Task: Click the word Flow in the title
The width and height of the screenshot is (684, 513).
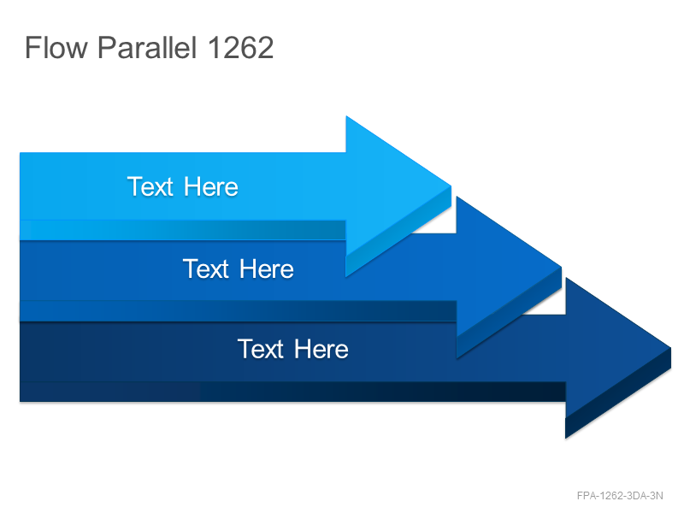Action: click(56, 47)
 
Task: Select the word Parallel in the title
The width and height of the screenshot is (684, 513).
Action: click(147, 47)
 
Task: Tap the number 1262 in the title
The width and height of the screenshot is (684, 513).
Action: click(241, 47)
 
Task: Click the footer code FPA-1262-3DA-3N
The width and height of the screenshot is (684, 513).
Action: click(620, 496)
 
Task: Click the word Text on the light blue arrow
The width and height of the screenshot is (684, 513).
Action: click(150, 186)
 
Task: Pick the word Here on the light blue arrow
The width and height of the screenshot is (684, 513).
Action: click(211, 186)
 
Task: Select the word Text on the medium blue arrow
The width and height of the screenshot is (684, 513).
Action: click(206, 268)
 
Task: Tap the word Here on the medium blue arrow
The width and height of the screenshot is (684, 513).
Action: click(267, 268)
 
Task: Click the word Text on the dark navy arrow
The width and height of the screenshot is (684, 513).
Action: click(261, 349)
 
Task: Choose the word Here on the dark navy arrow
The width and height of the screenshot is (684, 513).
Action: click(321, 349)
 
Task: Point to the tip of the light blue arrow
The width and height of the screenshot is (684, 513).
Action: click(451, 186)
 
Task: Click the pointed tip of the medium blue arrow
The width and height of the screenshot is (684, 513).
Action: click(562, 267)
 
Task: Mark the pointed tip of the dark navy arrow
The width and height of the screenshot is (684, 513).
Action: click(671, 348)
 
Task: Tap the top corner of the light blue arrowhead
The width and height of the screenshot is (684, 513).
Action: click(346, 116)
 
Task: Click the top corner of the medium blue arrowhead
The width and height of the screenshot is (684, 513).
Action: click(457, 197)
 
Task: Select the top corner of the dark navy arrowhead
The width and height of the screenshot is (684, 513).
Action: click(566, 278)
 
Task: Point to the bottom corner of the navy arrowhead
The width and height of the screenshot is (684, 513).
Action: click(566, 438)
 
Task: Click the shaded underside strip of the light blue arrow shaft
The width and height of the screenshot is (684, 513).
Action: click(183, 230)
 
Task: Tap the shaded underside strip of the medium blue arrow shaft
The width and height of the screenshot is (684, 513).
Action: click(239, 310)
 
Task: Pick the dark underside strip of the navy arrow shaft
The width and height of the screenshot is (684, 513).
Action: click(292, 392)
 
